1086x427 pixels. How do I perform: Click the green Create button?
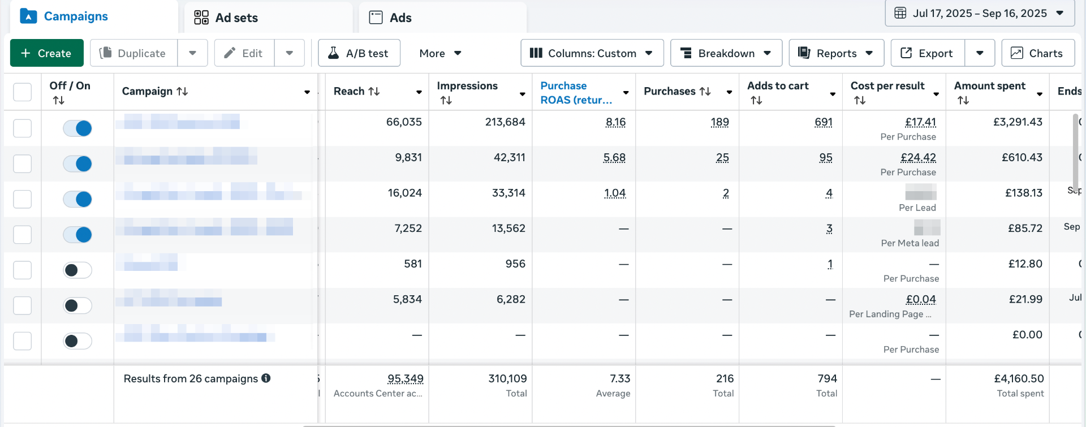pos(46,53)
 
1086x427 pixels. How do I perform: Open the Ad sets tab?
pos(226,18)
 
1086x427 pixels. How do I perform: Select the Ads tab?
pos(390,18)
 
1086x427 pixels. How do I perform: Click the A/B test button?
pos(359,53)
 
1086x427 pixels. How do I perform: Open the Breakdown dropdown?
pos(726,53)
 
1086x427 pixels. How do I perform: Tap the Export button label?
pos(927,53)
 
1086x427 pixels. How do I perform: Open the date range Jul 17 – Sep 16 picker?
pos(980,13)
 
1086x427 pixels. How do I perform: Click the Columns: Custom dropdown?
pos(592,53)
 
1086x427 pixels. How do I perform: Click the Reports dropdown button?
pos(836,53)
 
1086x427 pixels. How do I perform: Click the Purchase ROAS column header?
pos(576,92)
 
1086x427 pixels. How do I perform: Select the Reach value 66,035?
pos(404,122)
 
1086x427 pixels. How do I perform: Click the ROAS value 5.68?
pos(614,158)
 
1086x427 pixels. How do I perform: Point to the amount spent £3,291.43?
pos(1018,122)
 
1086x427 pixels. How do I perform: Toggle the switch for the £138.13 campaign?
pos(77,199)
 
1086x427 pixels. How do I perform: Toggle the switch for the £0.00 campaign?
pos(77,341)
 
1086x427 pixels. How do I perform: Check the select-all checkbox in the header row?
pos(23,92)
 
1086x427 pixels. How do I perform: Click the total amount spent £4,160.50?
pos(1019,379)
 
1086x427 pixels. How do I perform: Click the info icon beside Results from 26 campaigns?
pos(266,378)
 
